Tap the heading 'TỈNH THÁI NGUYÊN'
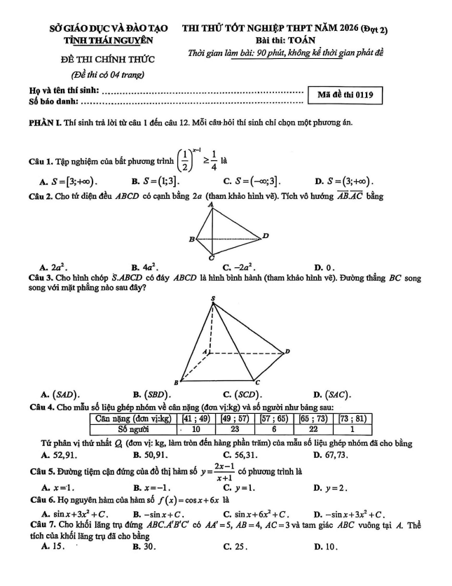109,41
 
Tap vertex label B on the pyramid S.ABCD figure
175,384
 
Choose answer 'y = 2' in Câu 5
338,487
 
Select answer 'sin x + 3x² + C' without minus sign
79,515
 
